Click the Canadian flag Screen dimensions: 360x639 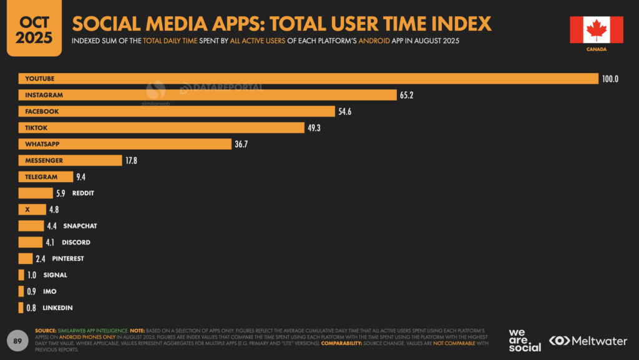pyautogui.click(x=596, y=29)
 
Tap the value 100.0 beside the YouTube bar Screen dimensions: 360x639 pyautogui.click(x=610, y=79)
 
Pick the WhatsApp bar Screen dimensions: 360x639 pyautogui.click(x=125, y=144)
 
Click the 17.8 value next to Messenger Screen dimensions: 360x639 pyautogui.click(x=131, y=160)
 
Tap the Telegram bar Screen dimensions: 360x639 pyautogui.click(x=45, y=177)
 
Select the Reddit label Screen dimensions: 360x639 pyautogui.click(x=83, y=193)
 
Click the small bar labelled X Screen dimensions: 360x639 pyautogui.click(x=32, y=210)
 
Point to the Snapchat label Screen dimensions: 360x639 pyautogui.click(x=80, y=226)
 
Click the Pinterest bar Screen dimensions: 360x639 pyautogui.click(x=26, y=258)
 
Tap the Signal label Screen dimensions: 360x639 pyautogui.click(x=55, y=275)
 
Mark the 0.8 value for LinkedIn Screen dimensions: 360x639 pyautogui.click(x=31, y=308)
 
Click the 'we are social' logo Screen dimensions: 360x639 pyautogui.click(x=525, y=340)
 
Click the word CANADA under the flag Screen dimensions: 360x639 pyautogui.click(x=596, y=49)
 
